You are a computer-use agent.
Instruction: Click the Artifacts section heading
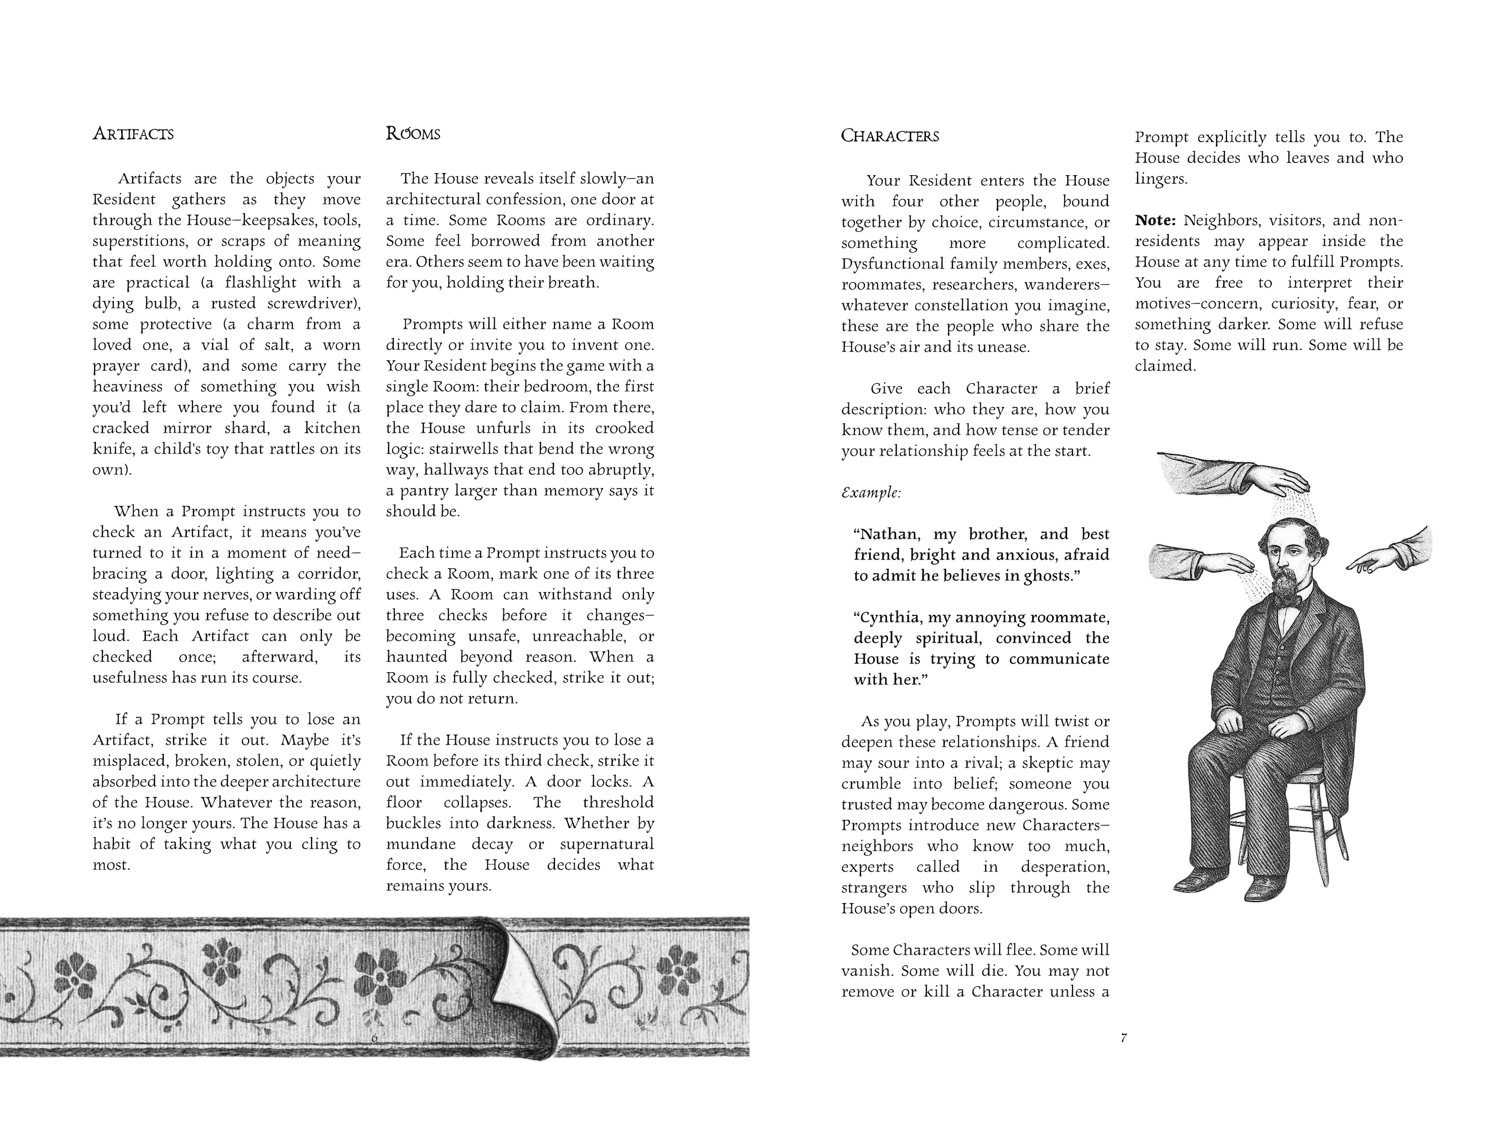(133, 134)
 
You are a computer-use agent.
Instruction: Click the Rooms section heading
(412, 134)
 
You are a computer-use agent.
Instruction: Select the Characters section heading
(889, 136)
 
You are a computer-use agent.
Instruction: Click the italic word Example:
(871, 492)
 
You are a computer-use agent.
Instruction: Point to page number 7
(1124, 1038)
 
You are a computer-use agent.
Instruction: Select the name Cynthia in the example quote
(890, 617)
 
